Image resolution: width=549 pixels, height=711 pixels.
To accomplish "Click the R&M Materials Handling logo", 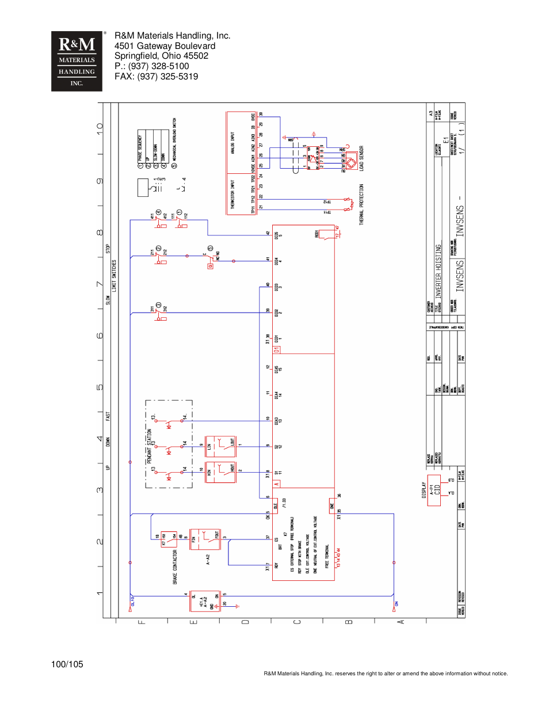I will (x=77, y=62).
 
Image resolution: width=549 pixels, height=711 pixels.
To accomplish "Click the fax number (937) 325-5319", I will (x=156, y=77).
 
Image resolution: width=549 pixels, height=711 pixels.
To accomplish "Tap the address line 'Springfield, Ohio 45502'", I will (x=161, y=56).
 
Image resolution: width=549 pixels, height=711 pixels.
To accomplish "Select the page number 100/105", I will (x=67, y=664).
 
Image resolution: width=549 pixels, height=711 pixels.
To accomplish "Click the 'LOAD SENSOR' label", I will (x=361, y=158).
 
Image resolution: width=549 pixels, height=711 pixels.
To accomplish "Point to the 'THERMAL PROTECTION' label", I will (x=361, y=204).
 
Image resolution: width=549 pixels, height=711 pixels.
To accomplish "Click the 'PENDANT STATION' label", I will (x=149, y=446).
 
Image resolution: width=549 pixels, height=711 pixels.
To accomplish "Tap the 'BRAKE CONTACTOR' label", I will (x=175, y=567).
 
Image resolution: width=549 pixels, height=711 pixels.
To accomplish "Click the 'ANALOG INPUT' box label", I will (x=232, y=143).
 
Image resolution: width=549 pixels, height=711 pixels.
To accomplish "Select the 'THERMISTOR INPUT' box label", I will (x=232, y=195).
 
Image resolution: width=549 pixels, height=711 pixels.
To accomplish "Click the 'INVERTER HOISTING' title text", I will (x=438, y=271).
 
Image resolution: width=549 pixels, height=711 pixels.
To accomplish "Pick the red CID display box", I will (x=434, y=491).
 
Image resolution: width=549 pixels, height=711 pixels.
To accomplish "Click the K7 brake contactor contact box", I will (x=169, y=539).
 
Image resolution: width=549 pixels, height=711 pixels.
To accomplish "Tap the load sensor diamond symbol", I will (x=350, y=163).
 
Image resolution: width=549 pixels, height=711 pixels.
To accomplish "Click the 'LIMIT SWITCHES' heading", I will (x=114, y=276).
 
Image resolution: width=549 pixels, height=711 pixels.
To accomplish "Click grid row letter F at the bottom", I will (x=142, y=622).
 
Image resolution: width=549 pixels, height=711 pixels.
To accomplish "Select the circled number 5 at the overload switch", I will (x=211, y=249).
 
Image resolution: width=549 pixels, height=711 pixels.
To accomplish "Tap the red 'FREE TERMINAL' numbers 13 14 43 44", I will (x=338, y=558).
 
